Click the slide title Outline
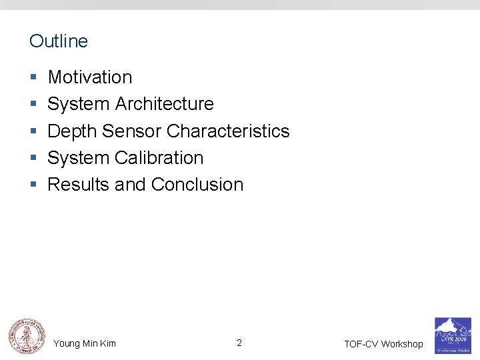[x=59, y=41]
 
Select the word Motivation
[x=90, y=77]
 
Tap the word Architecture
[x=165, y=104]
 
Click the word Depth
[x=73, y=131]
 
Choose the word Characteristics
[x=228, y=131]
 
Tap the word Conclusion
[x=197, y=185]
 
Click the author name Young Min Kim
[x=85, y=343]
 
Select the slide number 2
[x=239, y=343]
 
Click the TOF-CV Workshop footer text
[x=383, y=344]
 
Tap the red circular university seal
[x=27, y=335]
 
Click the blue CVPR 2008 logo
[x=453, y=335]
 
